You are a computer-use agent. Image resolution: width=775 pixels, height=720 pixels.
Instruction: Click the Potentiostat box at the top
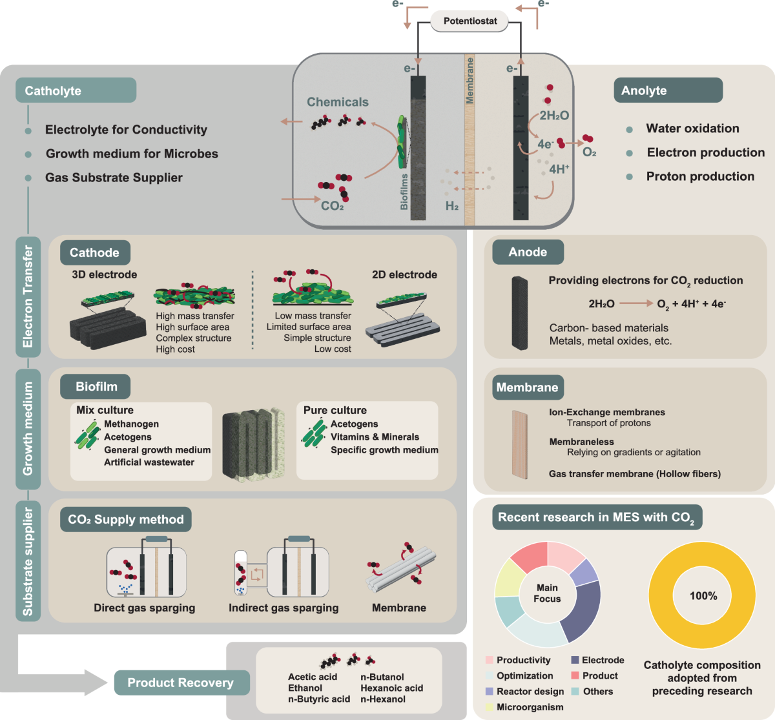pos(470,21)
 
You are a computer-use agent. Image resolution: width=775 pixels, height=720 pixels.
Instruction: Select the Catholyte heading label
pos(76,90)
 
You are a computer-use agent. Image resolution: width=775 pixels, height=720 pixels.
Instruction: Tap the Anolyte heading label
pos(668,90)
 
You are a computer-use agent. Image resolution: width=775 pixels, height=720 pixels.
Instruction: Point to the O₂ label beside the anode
pos(589,152)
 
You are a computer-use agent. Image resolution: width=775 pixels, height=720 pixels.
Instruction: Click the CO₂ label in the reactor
pos(332,205)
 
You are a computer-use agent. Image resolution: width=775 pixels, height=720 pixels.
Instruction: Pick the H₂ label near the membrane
pos(452,205)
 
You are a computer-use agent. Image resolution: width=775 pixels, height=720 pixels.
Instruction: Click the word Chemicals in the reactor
pos(338,102)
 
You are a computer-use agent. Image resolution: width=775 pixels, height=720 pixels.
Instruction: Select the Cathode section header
pos(95,252)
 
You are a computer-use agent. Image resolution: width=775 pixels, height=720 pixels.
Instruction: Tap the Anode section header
pos(528,252)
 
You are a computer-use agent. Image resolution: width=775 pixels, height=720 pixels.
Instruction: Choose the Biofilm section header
pos(96,386)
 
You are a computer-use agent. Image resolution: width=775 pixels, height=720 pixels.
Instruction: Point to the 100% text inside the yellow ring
pos(703,596)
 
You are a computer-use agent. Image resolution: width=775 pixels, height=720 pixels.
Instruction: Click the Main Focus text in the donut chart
pos(547,593)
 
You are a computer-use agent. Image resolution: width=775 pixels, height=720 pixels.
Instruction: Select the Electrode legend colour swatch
pos(575,660)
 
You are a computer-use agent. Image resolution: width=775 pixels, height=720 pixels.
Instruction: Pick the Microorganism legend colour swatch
pos(490,707)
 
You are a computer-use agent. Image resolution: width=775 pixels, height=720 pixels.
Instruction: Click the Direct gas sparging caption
pos(145,608)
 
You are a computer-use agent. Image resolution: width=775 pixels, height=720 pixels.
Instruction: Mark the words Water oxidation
pos(693,129)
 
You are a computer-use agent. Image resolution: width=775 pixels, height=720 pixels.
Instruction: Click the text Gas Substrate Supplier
pos(114,178)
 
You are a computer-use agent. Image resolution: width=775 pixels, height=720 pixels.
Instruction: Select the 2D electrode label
pos(405,274)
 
